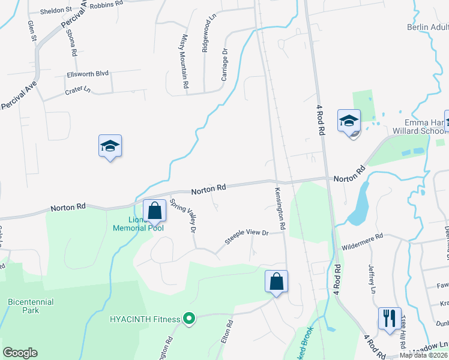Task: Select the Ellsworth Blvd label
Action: (x=88, y=74)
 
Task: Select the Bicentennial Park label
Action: (x=31, y=306)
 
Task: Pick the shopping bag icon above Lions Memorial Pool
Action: (x=155, y=211)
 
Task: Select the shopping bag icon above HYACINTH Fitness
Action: (x=276, y=281)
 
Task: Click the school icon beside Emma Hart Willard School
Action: (x=349, y=121)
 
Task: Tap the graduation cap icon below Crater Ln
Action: (x=110, y=146)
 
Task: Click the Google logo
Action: (x=20, y=353)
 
